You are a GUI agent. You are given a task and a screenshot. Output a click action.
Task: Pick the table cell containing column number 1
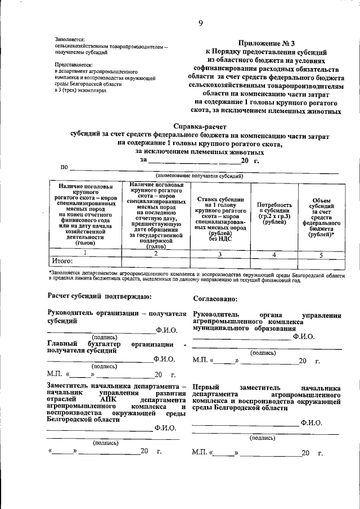coord(85,254)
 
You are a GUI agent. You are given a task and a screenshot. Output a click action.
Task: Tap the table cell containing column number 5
coord(321,254)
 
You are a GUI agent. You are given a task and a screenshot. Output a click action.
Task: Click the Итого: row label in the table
coord(62,262)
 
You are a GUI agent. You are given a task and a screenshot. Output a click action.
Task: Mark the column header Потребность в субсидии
coord(274,214)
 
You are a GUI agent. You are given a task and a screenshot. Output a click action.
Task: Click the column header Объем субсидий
coord(321,217)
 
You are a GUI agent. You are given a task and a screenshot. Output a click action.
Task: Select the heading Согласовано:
coord(215,299)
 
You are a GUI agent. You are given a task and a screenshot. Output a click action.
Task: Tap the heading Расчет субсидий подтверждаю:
coord(99,296)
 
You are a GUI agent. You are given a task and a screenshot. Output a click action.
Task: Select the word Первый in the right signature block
coord(206,388)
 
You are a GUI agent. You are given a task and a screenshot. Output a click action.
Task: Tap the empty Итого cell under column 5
coord(321,263)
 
